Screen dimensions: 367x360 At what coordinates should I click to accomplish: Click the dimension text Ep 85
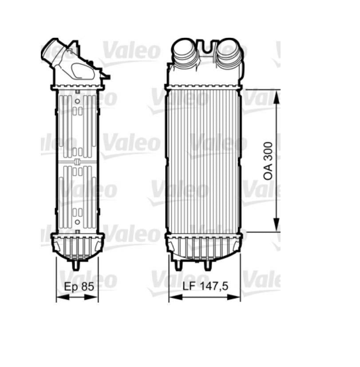79,287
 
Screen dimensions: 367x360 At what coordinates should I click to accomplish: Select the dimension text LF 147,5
205,287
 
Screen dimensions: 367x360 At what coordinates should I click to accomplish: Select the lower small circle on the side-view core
77,221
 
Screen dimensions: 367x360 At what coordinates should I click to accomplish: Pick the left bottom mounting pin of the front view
178,265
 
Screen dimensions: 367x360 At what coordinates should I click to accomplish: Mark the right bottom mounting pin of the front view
207,265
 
